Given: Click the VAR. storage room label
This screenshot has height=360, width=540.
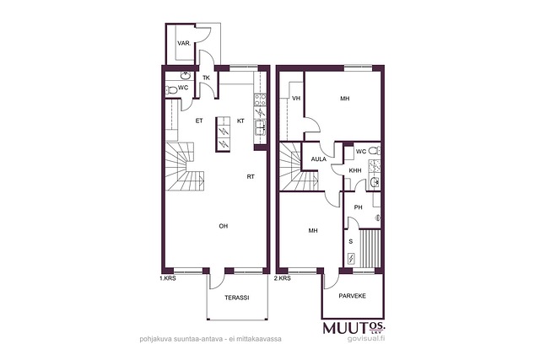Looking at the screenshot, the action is pos(184,43).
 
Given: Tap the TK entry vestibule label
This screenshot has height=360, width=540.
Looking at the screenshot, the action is pos(206,78).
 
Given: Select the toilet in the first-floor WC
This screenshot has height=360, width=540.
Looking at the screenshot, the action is pos(171,90).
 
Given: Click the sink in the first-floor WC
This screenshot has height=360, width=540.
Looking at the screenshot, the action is pos(186,75).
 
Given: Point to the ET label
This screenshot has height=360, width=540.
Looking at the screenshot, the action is pos(199,121).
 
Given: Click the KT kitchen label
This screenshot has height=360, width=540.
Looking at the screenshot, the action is pos(240,121).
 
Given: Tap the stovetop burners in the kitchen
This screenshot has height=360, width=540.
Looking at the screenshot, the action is pos(260,99).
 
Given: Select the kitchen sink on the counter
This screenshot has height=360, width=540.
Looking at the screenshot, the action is pos(260,127).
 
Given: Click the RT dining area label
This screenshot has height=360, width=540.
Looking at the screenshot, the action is pos(251,176).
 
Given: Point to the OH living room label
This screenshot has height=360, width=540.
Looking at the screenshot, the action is pos(224,226).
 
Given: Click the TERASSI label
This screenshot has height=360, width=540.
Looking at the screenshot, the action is pos(237,298).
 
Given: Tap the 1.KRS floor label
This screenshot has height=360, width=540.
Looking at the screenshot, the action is pos(168,278).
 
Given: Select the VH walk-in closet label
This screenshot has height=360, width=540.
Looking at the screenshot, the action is pos(296,99).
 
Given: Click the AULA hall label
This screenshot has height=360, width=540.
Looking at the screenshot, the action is pos(319,159).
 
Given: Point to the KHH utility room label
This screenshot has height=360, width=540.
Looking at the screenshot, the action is pos(355,170).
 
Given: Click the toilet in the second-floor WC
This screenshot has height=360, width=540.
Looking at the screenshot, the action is pos(374,150).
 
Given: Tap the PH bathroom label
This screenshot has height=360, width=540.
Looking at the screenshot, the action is pos(359,207).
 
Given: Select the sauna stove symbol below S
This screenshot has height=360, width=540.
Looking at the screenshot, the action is pos(351,259).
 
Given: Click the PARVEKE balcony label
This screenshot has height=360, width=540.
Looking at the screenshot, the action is pos(353,296).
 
